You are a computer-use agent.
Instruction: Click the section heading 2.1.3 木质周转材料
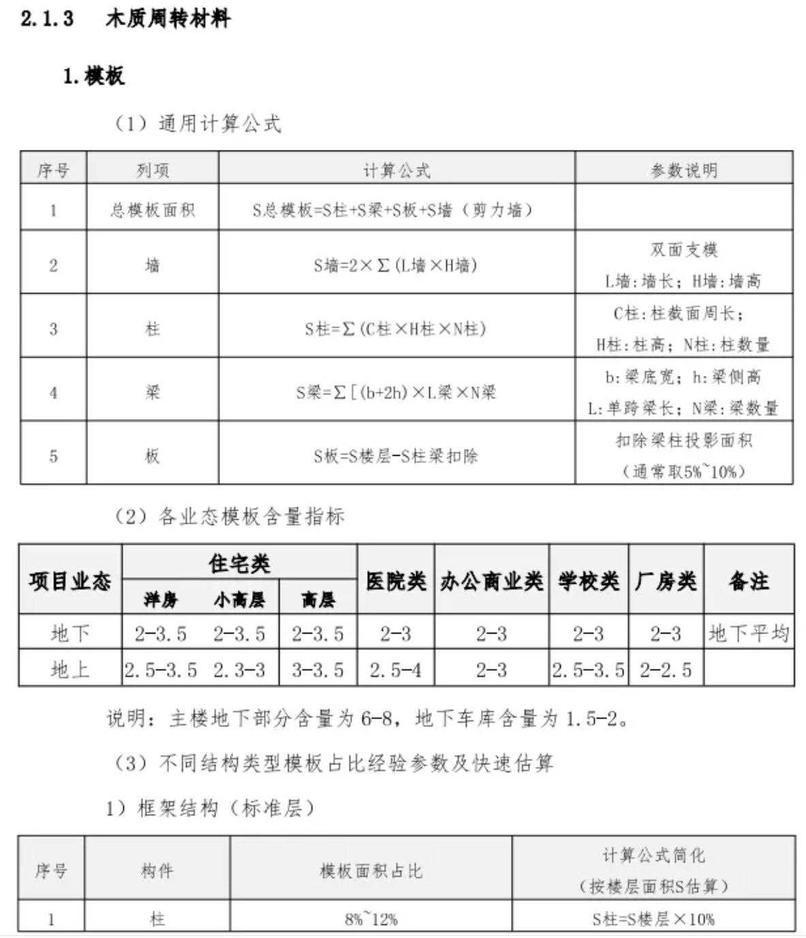pyautogui.click(x=125, y=18)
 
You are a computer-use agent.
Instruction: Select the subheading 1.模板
pyautogui.click(x=93, y=76)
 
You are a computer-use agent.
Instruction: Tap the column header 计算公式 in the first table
pyautogui.click(x=397, y=170)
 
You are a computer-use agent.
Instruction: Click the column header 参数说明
pyautogui.click(x=684, y=170)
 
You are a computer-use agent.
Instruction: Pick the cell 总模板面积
pyautogui.click(x=153, y=210)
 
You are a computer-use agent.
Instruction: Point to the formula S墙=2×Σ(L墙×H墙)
pyautogui.click(x=395, y=265)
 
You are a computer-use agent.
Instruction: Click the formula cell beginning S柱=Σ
pyautogui.click(x=395, y=329)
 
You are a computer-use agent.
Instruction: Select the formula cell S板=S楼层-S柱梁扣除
pyautogui.click(x=396, y=456)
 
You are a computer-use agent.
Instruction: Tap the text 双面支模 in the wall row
pyautogui.click(x=683, y=249)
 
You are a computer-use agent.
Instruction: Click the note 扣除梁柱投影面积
pyautogui.click(x=683, y=440)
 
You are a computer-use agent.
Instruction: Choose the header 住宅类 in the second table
pyautogui.click(x=239, y=563)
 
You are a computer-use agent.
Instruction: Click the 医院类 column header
pyautogui.click(x=396, y=581)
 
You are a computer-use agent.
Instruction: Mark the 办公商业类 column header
pyautogui.click(x=491, y=581)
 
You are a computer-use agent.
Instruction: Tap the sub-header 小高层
pyautogui.click(x=238, y=599)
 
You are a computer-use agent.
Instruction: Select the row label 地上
pyautogui.click(x=70, y=670)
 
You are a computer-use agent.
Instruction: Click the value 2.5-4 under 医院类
pyautogui.click(x=395, y=670)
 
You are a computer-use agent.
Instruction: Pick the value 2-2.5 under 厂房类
pyautogui.click(x=666, y=670)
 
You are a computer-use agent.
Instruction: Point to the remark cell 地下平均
pyautogui.click(x=749, y=634)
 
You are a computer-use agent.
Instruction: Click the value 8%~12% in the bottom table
pyautogui.click(x=371, y=919)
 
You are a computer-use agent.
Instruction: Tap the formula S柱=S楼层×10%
pyautogui.click(x=653, y=919)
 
